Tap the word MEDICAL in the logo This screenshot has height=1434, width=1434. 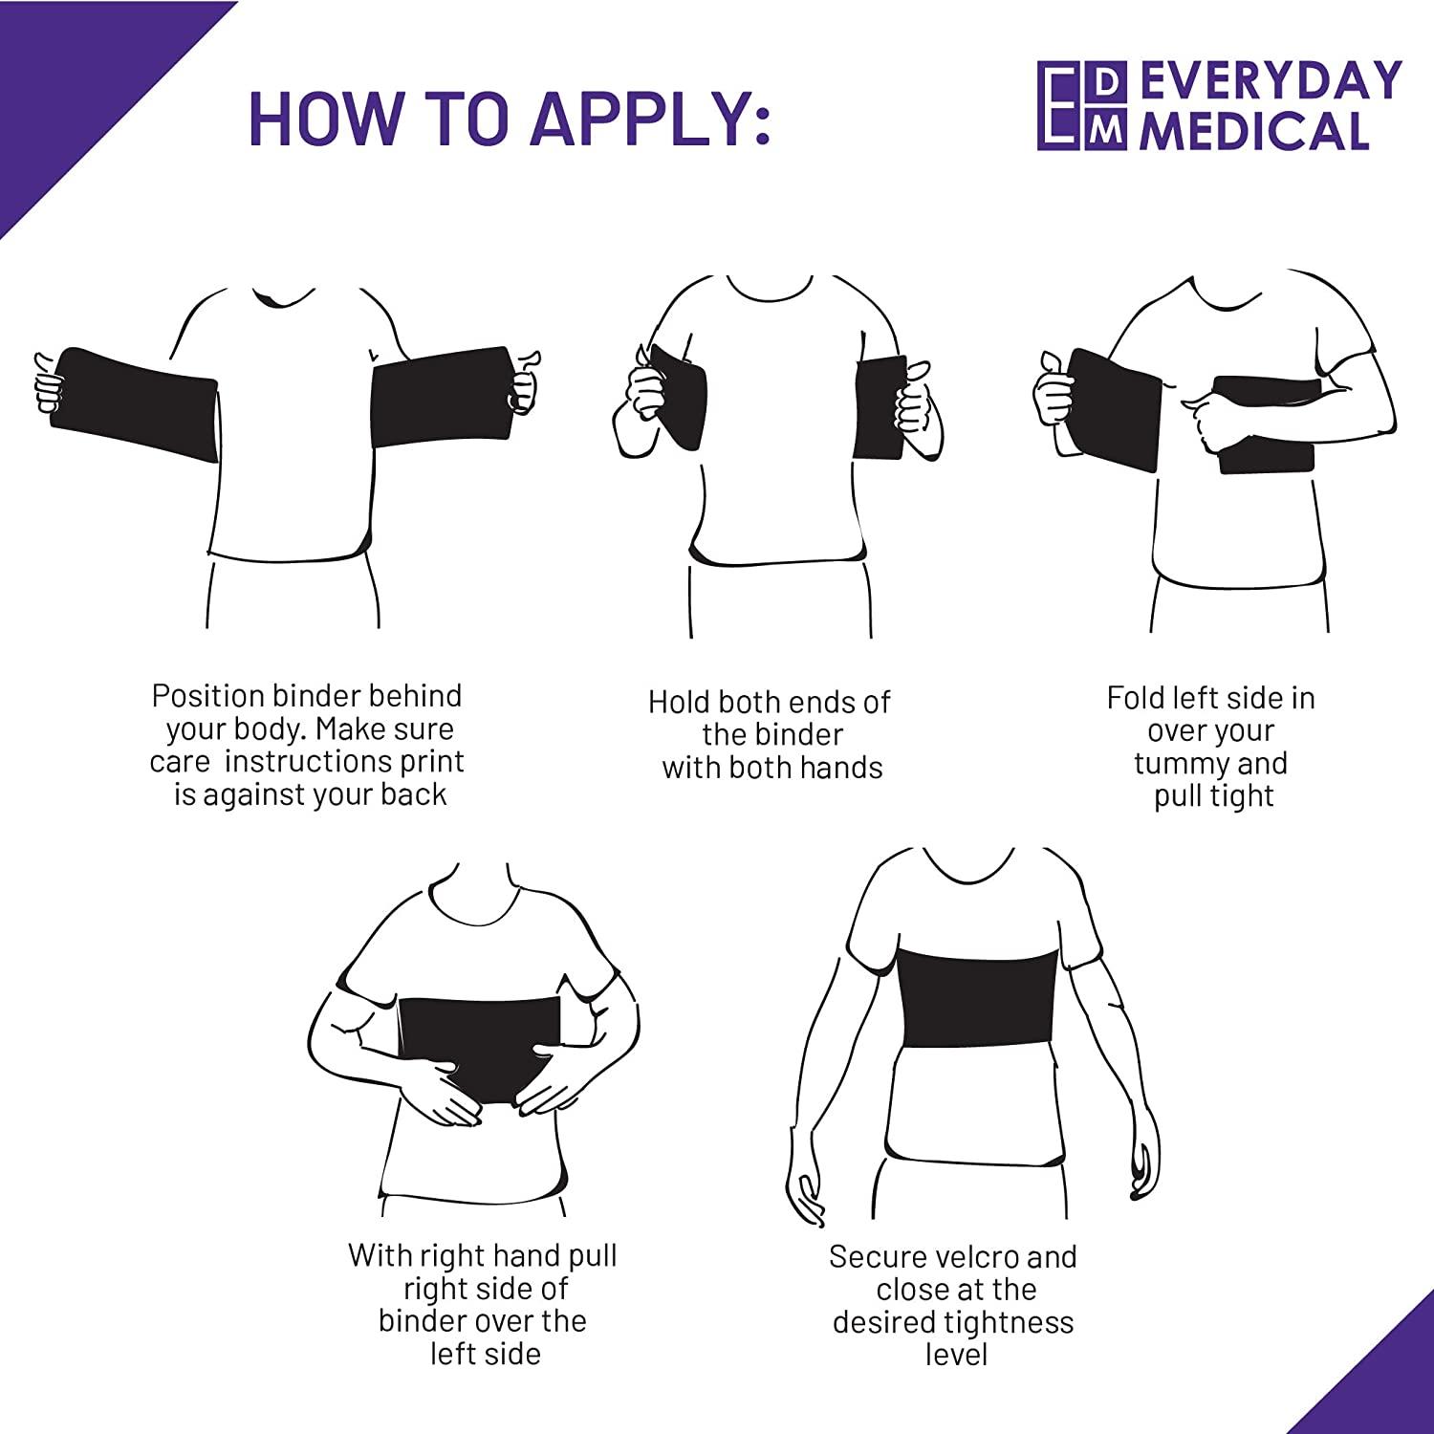click(1254, 131)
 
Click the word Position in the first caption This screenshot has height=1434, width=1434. click(207, 696)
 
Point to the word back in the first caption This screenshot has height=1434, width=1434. click(413, 794)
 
